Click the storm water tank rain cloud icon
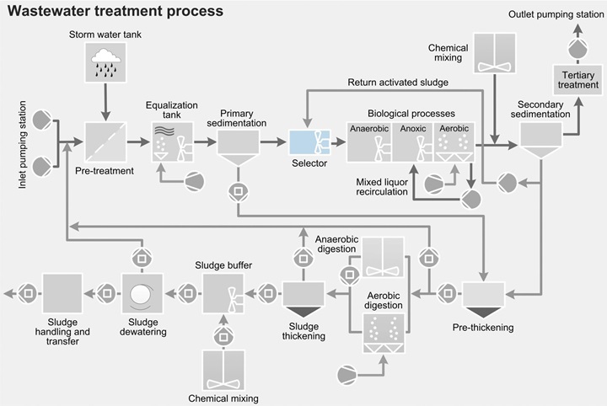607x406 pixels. point(105,61)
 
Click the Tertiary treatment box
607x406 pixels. point(578,81)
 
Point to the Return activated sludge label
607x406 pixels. point(399,83)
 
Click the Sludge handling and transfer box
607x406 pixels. point(62,294)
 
